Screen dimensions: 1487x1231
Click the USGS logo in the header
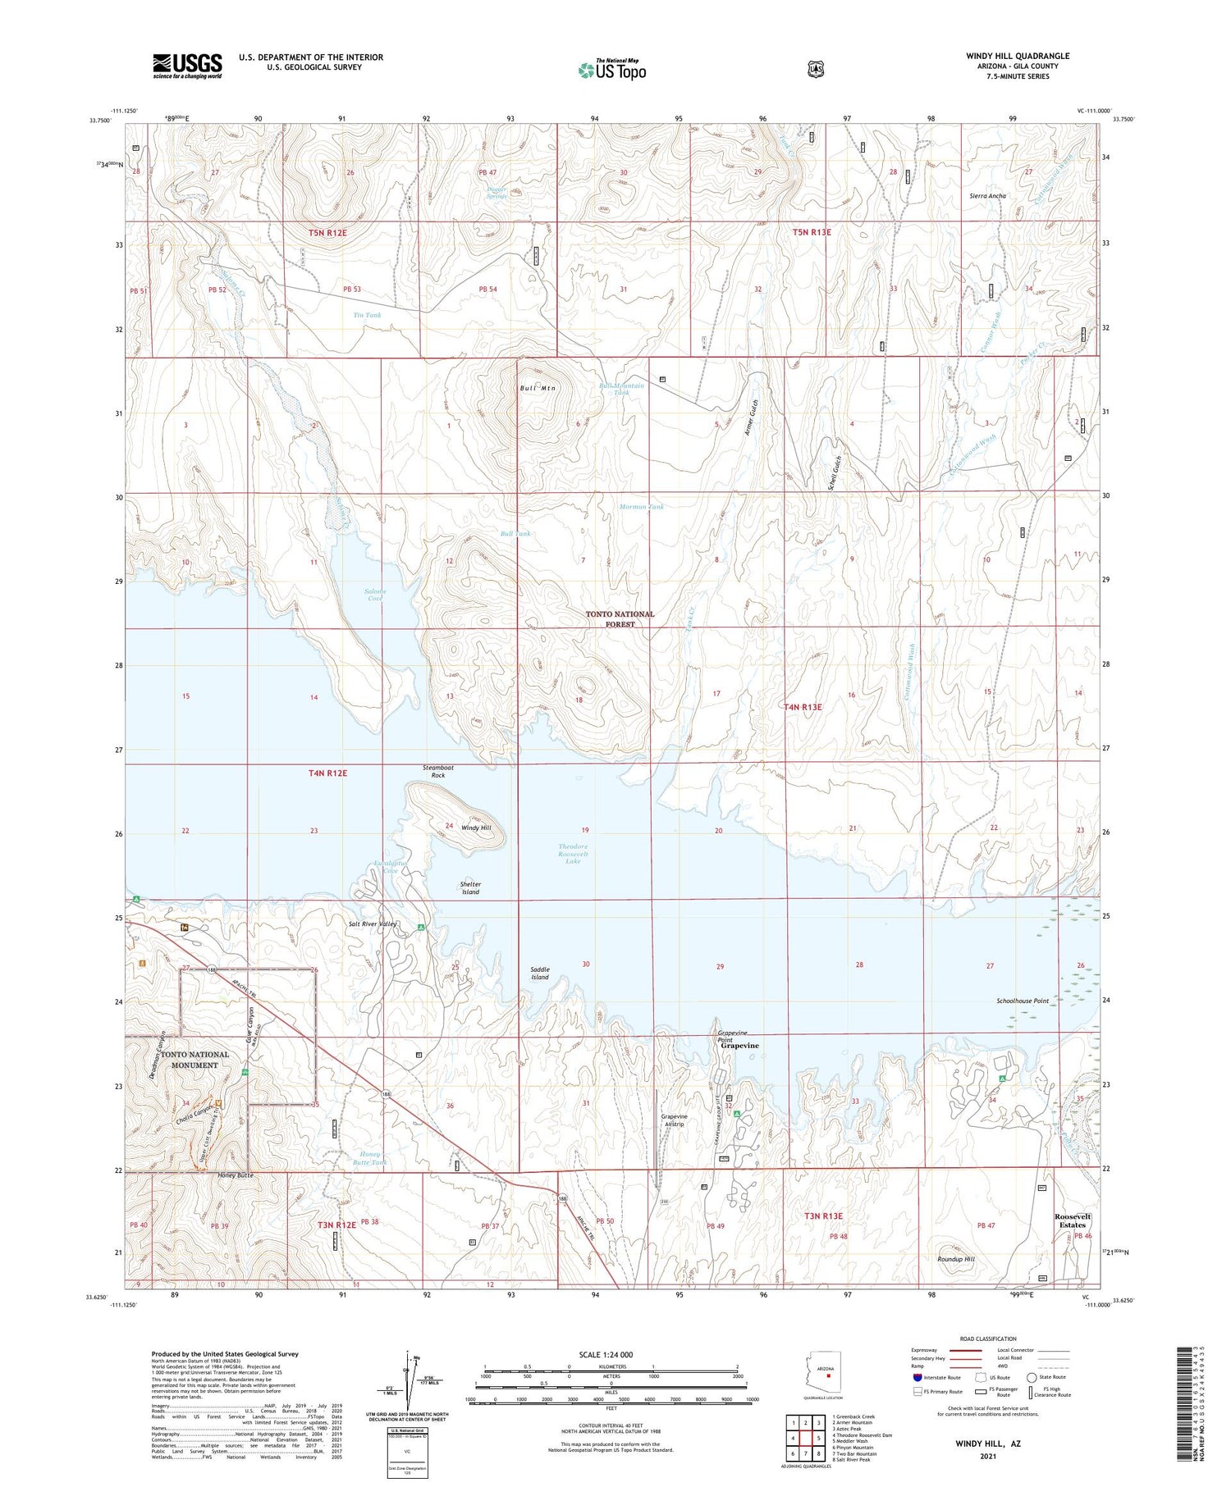[x=187, y=66]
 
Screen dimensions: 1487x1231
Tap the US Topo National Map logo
[x=612, y=70]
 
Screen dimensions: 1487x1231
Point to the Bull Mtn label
[x=538, y=388]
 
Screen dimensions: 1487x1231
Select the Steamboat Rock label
[x=438, y=771]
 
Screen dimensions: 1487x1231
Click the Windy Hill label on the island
[x=476, y=828]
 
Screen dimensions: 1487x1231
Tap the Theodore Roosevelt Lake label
[x=573, y=854]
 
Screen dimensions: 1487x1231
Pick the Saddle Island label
[x=539, y=973]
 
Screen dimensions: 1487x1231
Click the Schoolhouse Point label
[x=1023, y=1001]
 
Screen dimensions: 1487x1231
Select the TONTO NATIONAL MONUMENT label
[x=194, y=1060]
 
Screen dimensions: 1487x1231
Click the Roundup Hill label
[x=955, y=1259]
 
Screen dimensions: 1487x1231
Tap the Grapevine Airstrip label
[x=674, y=1120]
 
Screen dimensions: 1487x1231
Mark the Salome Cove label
[x=375, y=595]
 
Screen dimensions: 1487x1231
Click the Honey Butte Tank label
[x=369, y=1158]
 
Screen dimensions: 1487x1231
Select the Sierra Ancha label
[x=987, y=196]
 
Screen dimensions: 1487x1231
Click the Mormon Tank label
[x=642, y=507]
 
